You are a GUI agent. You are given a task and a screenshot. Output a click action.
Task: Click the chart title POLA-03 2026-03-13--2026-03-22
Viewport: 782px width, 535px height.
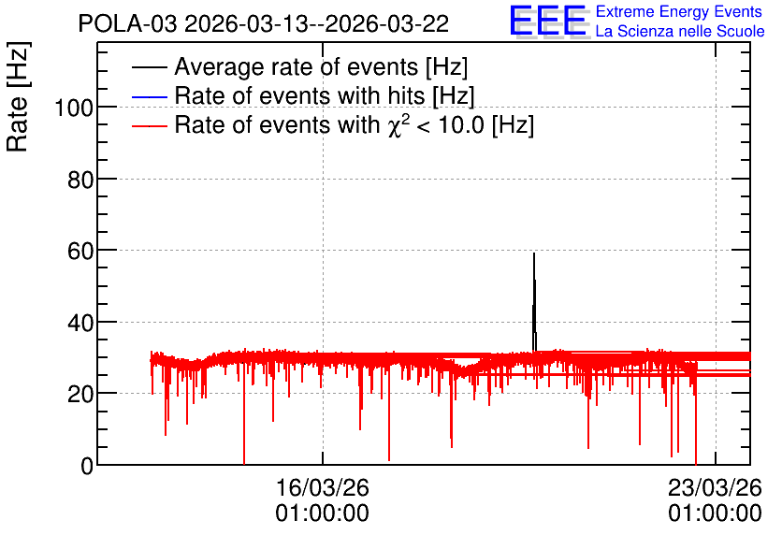tap(264, 24)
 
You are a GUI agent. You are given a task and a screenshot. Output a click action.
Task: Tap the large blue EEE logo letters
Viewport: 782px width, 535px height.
tap(548, 20)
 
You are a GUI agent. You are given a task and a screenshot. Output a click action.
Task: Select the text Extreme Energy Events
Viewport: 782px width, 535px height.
tap(679, 11)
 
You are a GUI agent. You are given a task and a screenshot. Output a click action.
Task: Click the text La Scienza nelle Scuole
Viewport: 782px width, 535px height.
tap(680, 31)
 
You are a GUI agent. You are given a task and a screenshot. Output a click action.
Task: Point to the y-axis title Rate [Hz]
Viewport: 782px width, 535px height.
tap(18, 96)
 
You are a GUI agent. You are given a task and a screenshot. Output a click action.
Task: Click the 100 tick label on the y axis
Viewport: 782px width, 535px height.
tap(74, 108)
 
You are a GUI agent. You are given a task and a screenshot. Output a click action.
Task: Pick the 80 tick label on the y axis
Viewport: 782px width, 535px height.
tap(80, 179)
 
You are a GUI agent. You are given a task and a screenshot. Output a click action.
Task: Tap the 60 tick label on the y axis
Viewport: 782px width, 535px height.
tap(80, 251)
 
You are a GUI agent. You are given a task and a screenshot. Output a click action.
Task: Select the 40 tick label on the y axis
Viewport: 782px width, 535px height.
tap(80, 323)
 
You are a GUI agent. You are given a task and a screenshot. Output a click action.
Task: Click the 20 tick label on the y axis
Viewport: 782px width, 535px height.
tap(80, 395)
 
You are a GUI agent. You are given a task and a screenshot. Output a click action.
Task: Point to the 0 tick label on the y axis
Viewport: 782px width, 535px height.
tap(87, 466)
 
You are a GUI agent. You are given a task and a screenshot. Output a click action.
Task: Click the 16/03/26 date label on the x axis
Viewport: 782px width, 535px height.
tap(322, 487)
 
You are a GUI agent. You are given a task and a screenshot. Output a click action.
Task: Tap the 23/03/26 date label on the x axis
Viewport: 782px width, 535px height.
tap(716, 487)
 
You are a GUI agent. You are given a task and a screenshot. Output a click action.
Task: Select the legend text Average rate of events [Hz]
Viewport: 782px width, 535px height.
tap(321, 66)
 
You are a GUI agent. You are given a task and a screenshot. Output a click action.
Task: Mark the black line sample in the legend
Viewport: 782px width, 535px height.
tap(149, 67)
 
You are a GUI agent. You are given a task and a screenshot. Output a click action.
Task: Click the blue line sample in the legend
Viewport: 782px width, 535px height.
tap(149, 96)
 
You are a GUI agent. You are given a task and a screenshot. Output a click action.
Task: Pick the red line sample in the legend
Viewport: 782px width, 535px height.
tap(149, 125)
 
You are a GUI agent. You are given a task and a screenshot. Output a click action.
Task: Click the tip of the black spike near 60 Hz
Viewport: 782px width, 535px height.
tap(534, 253)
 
